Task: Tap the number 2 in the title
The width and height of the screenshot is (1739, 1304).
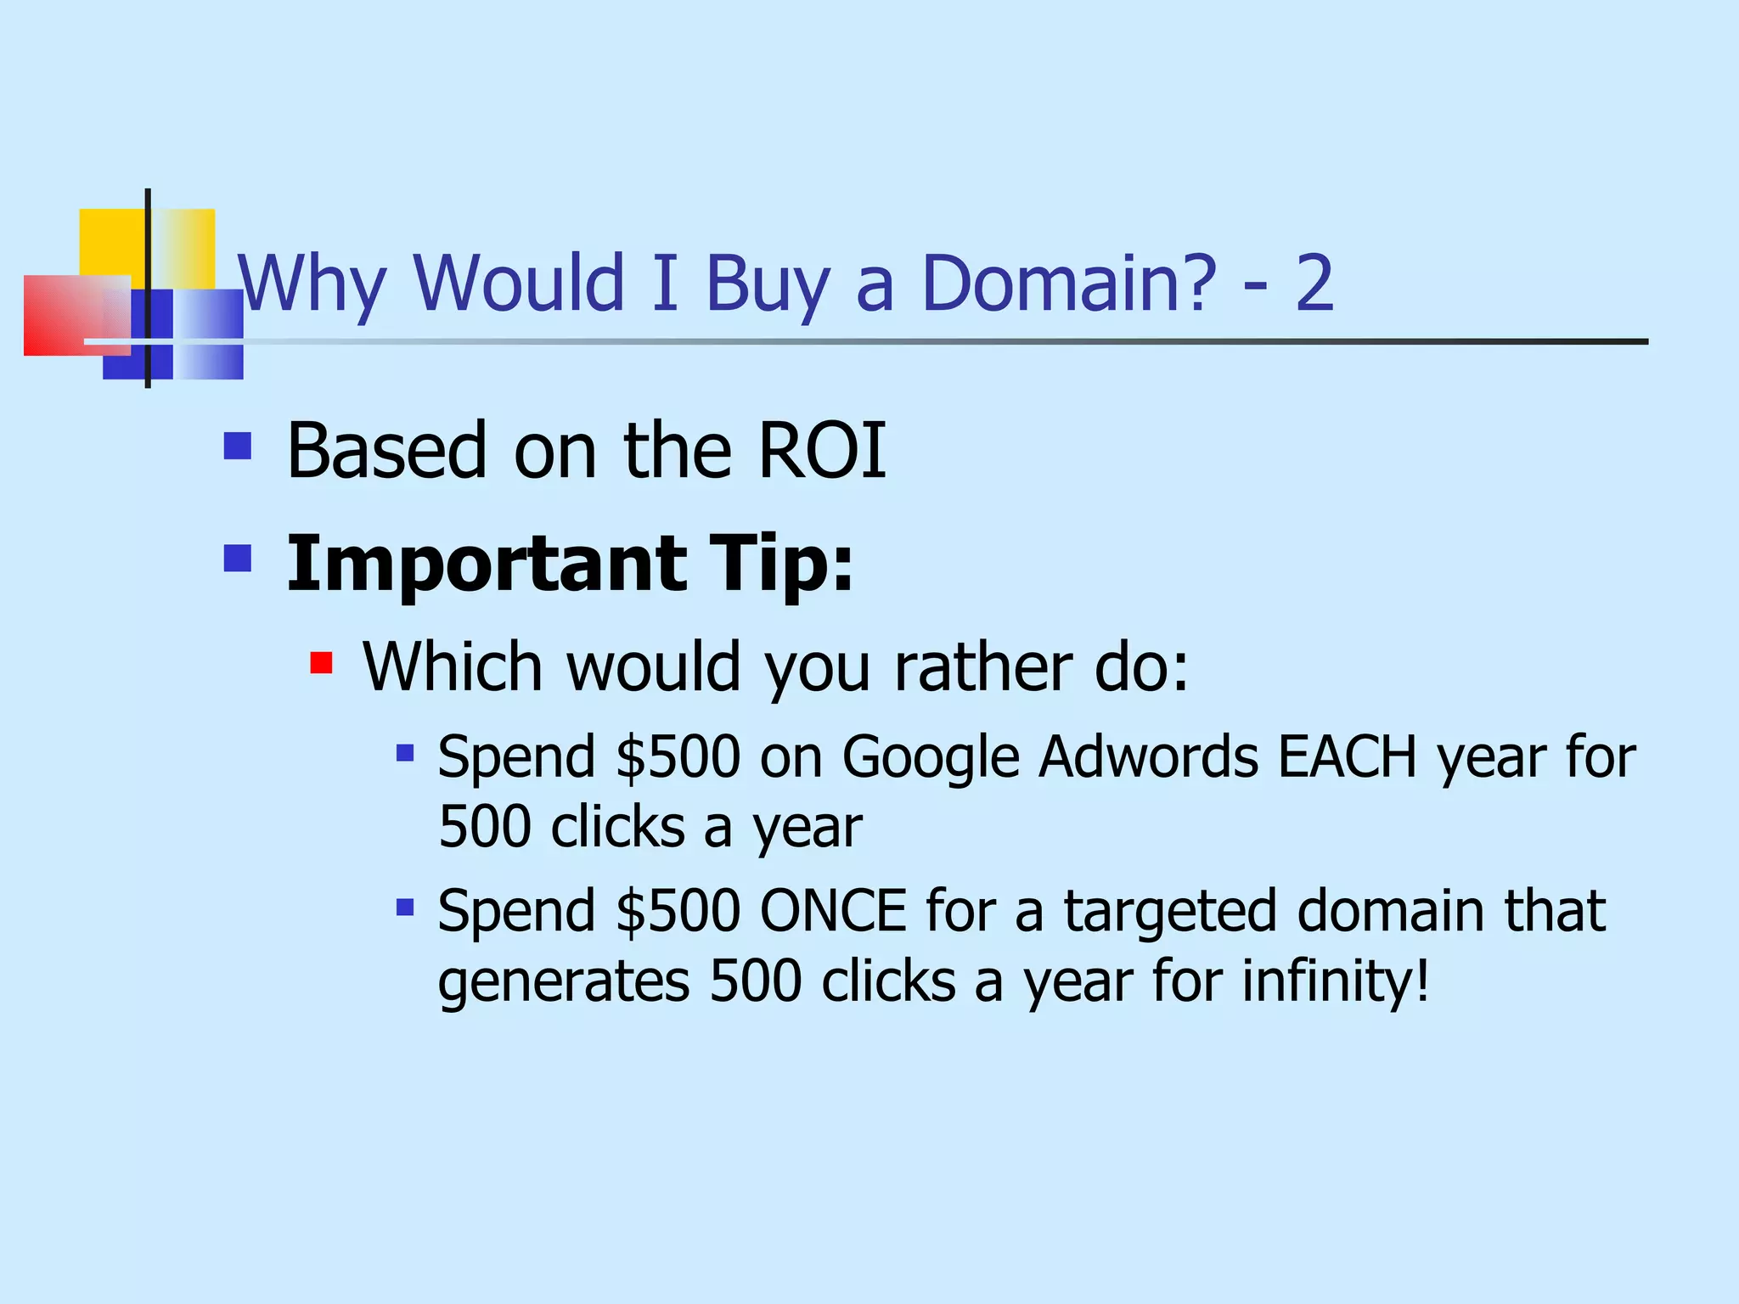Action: [1314, 284]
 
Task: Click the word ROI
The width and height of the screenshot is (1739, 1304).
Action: [821, 451]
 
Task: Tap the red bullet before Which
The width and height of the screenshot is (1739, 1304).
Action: [321, 662]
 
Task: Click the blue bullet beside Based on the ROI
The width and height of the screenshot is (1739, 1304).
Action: [238, 447]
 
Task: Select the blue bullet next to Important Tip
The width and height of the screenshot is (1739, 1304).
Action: [238, 559]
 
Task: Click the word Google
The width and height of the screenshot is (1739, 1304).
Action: [931, 757]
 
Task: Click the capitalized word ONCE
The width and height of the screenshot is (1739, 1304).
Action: [833, 911]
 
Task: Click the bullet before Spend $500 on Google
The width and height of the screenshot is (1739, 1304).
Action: [405, 752]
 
